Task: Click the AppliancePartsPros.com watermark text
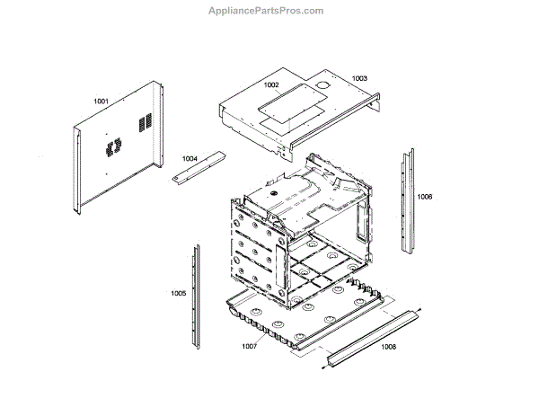pos(269,11)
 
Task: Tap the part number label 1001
pos(101,102)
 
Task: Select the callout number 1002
pos(271,85)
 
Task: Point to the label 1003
pos(359,79)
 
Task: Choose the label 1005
pos(178,293)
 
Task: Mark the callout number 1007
pos(249,346)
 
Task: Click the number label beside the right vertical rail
pos(425,196)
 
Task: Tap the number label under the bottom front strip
pos(388,346)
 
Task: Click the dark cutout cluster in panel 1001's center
pos(110,146)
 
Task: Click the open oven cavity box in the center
pos(301,229)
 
